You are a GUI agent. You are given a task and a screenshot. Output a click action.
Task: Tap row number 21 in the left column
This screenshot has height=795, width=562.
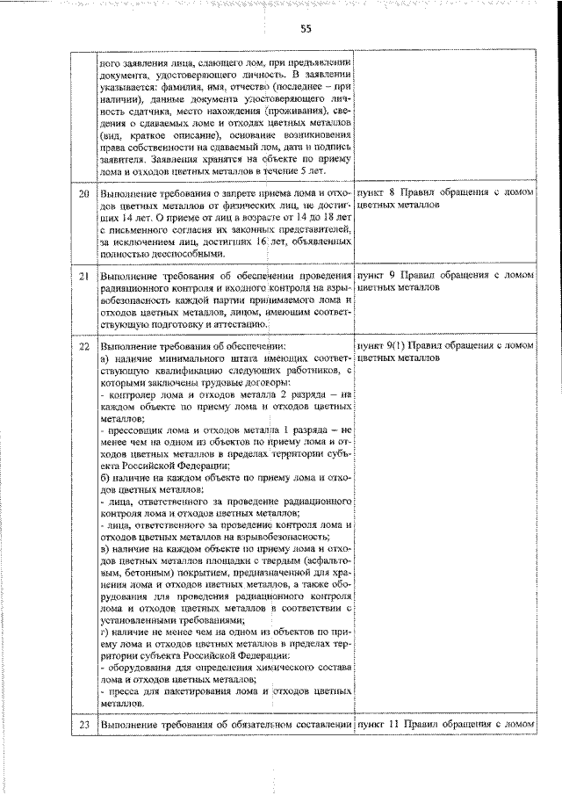coord(84,276)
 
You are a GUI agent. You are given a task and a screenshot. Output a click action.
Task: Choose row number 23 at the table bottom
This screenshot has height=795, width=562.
coord(84,724)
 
